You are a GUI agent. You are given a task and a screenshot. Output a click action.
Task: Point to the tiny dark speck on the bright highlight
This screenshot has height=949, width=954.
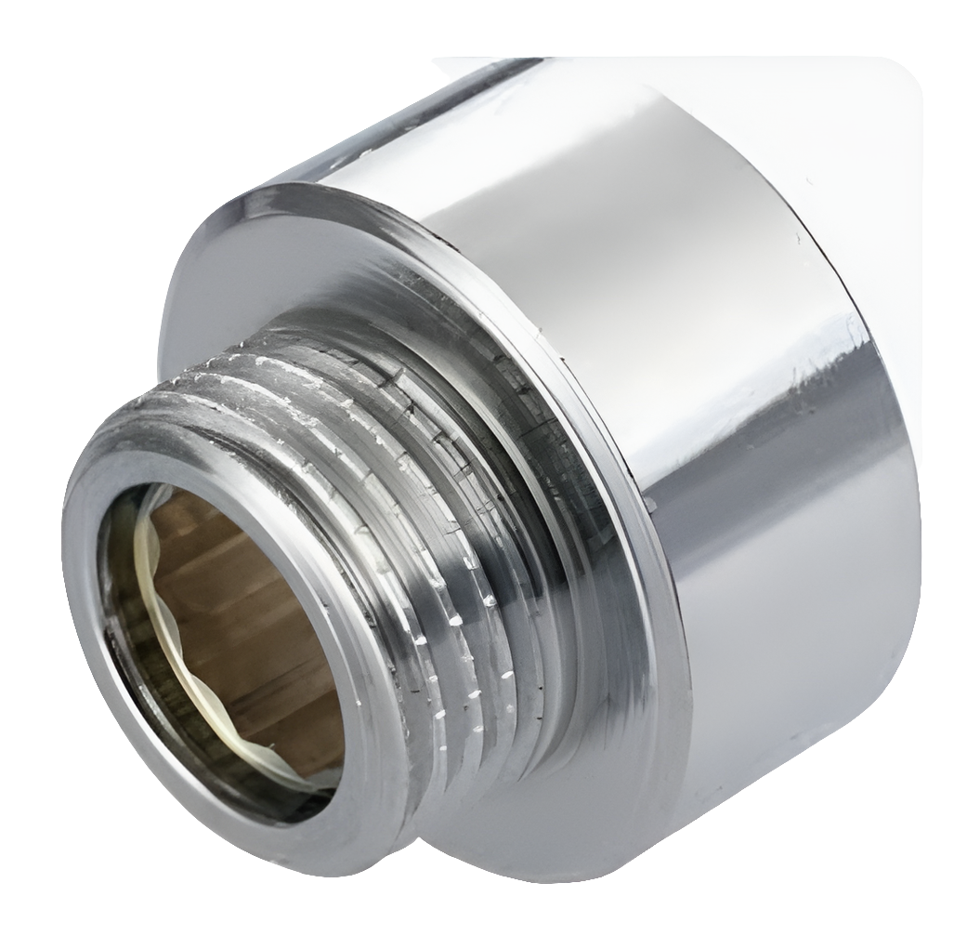click(797, 238)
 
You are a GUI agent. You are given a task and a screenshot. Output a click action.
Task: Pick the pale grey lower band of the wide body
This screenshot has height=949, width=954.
click(790, 744)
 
